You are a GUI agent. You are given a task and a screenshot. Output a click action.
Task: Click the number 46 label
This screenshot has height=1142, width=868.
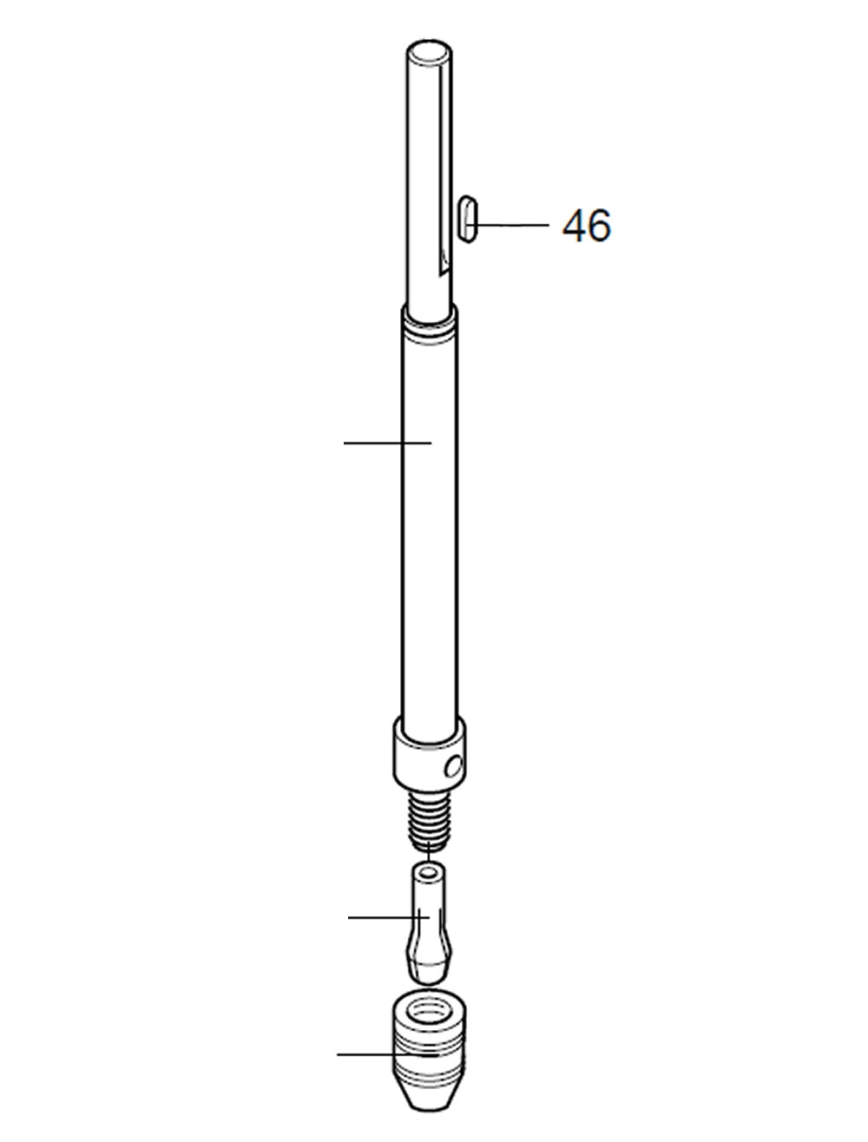pyautogui.click(x=587, y=226)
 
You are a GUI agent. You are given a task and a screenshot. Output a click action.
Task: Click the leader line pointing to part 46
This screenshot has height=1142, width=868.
pyautogui.click(x=512, y=226)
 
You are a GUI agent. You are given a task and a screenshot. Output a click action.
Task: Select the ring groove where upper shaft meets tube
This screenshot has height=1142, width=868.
pyautogui.click(x=428, y=325)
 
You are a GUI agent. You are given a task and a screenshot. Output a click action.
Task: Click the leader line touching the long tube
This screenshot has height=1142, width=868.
pyautogui.click(x=386, y=443)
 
